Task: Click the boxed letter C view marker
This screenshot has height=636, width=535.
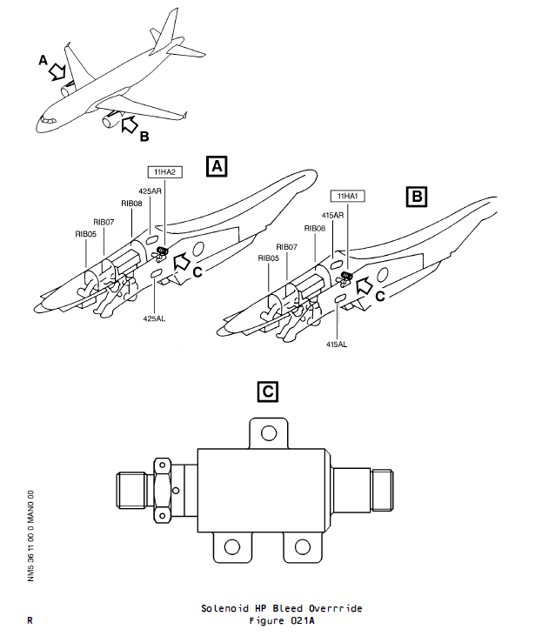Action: click(x=270, y=392)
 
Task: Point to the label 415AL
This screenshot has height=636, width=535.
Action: click(x=337, y=345)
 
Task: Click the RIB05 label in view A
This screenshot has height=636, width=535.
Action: click(x=85, y=234)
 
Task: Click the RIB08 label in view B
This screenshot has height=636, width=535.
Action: click(x=315, y=229)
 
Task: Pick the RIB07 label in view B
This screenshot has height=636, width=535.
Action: click(x=287, y=246)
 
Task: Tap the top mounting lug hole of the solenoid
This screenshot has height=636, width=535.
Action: click(x=268, y=432)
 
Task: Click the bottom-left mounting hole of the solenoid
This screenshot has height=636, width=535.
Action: click(x=232, y=546)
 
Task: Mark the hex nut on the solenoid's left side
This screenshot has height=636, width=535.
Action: click(x=163, y=492)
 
